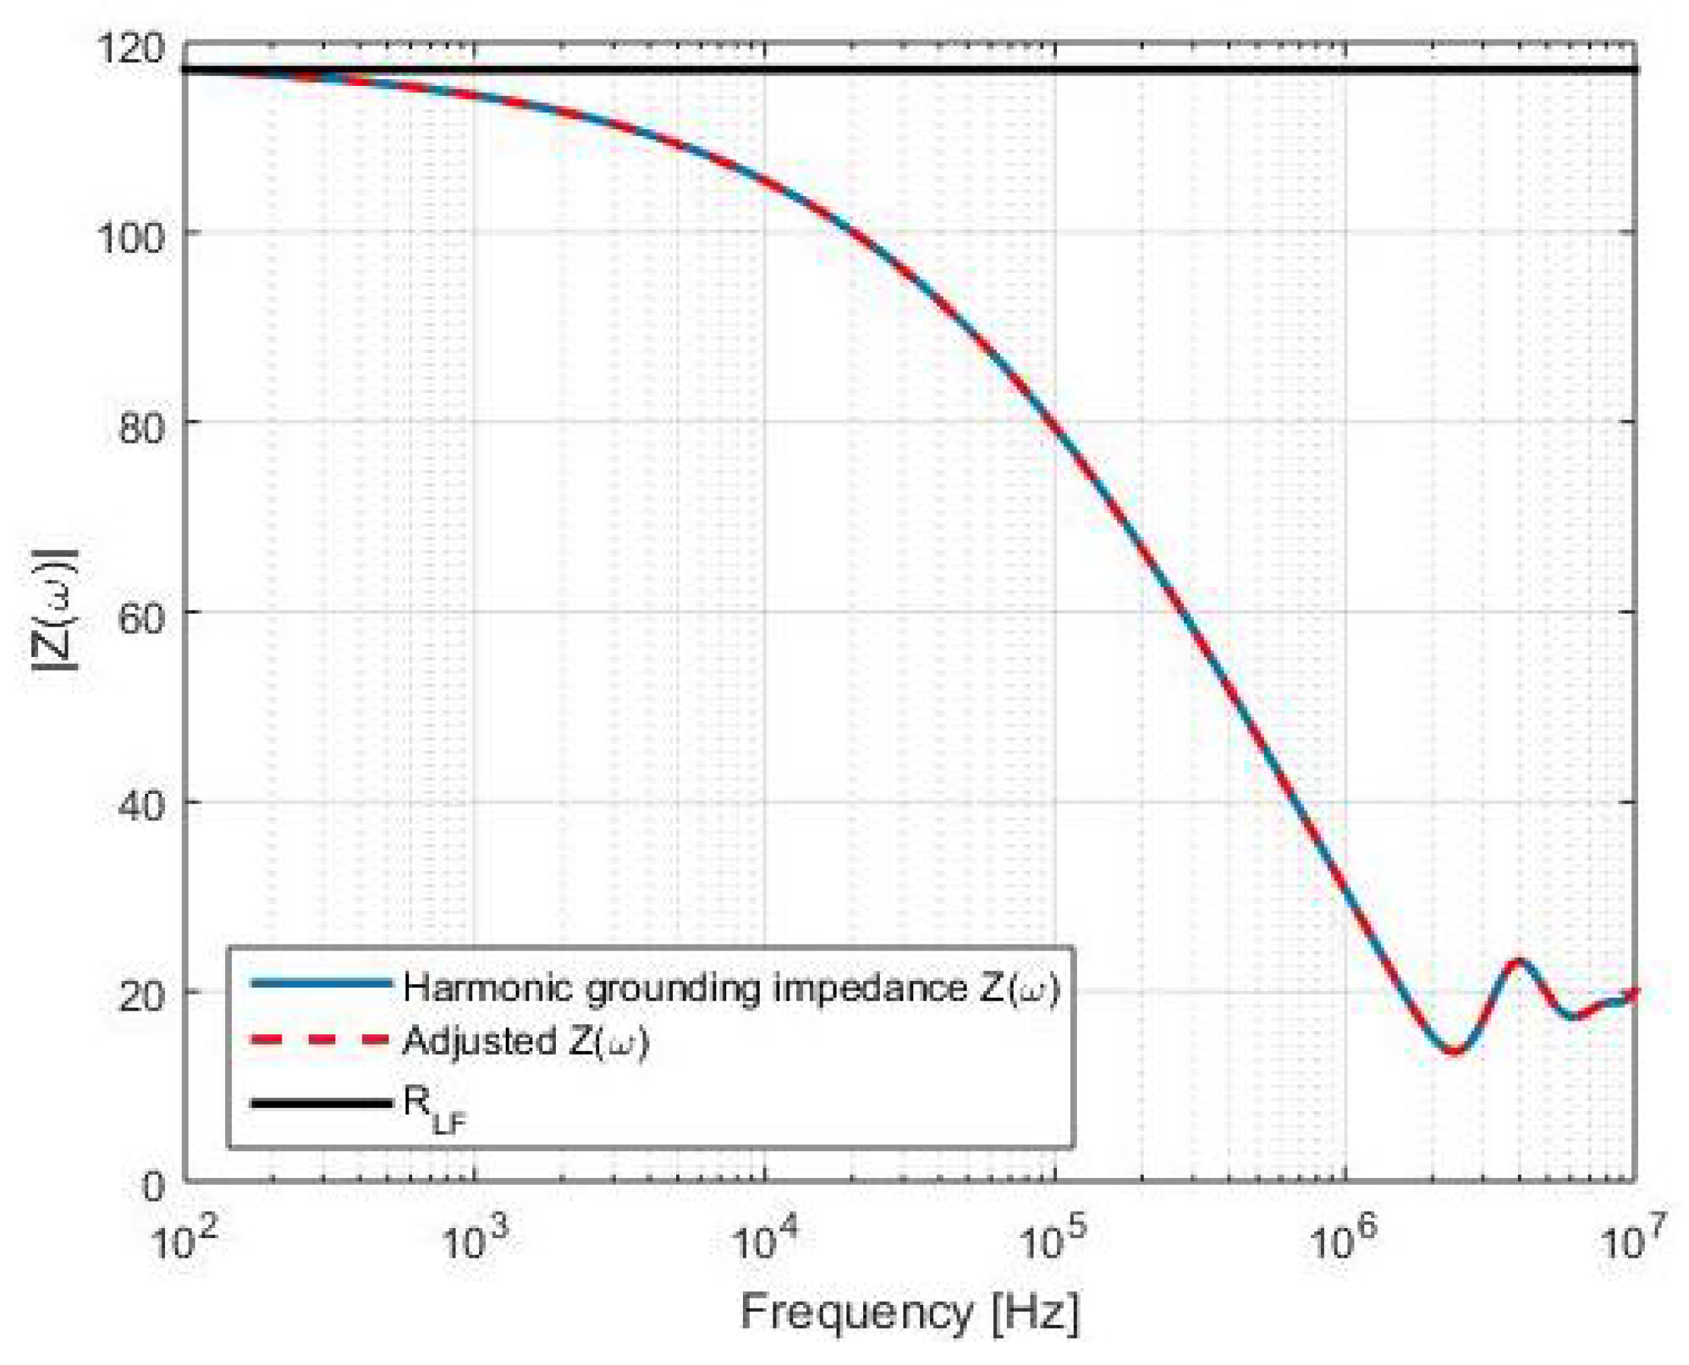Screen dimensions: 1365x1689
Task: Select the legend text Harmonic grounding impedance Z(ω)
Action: pyautogui.click(x=732, y=988)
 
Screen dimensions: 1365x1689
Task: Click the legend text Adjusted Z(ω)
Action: pyautogui.click(x=525, y=1042)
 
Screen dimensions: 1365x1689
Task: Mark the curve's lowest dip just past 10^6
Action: pyautogui.click(x=1453, y=1052)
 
